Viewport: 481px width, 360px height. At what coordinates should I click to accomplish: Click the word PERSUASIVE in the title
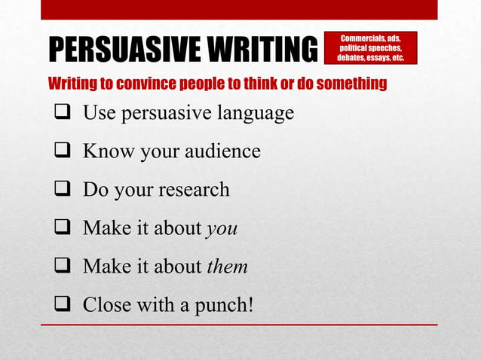point(120,50)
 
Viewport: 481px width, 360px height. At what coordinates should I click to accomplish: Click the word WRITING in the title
point(258,50)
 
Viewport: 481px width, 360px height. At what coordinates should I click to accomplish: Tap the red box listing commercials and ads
point(370,47)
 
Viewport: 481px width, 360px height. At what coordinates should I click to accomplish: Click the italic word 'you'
point(222,229)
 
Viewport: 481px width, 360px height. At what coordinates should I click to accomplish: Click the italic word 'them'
point(227,266)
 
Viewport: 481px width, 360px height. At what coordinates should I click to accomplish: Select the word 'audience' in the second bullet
point(223,151)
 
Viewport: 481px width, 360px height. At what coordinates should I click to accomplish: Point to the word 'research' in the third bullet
point(194,189)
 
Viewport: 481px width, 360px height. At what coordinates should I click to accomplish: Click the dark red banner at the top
point(239,9)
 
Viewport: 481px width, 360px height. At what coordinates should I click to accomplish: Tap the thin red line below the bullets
point(239,325)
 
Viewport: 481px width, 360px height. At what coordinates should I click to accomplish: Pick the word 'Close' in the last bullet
point(106,304)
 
